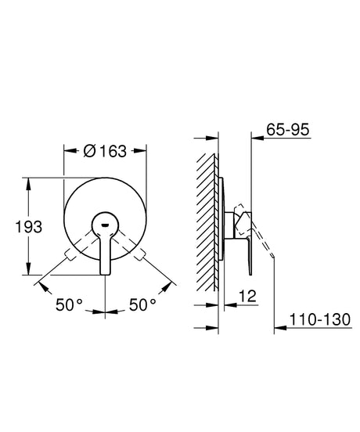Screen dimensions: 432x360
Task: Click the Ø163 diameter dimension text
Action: (105, 151)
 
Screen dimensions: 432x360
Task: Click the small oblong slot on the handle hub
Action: (104, 230)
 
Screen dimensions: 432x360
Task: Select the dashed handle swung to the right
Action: (139, 256)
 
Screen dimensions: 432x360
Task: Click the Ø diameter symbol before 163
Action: (88, 151)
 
